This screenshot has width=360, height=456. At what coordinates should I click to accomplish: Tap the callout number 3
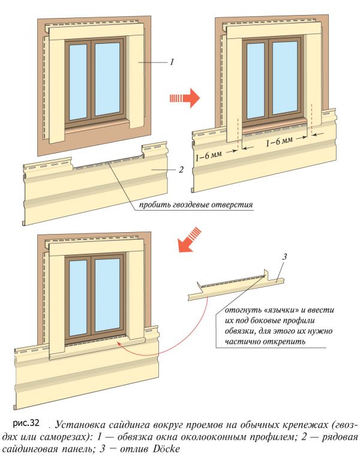tap(286, 258)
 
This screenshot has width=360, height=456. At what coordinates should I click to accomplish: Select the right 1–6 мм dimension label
tap(278, 142)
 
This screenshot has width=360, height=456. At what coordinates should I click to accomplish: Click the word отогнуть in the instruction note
tap(242, 311)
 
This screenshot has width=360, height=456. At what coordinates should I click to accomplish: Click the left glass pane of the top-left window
tap(78, 82)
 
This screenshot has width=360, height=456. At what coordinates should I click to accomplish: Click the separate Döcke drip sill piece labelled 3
tap(234, 288)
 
